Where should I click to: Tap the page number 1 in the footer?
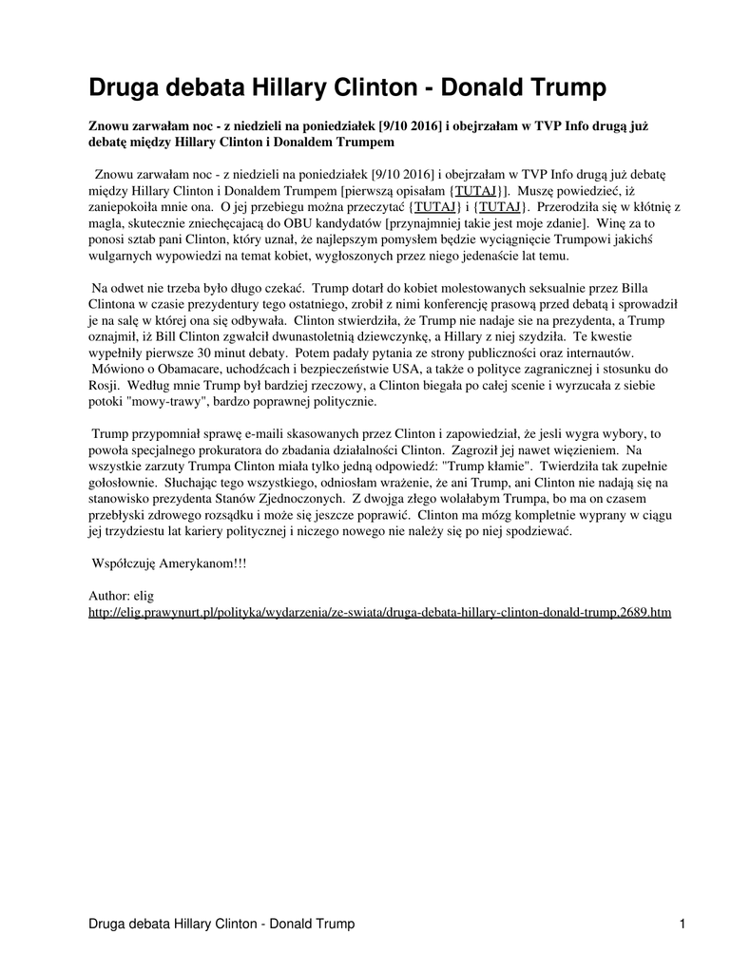[683, 924]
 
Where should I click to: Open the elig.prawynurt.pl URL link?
[379, 613]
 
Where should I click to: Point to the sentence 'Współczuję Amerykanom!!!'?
[169, 563]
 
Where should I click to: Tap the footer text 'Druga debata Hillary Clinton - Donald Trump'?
[221, 924]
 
